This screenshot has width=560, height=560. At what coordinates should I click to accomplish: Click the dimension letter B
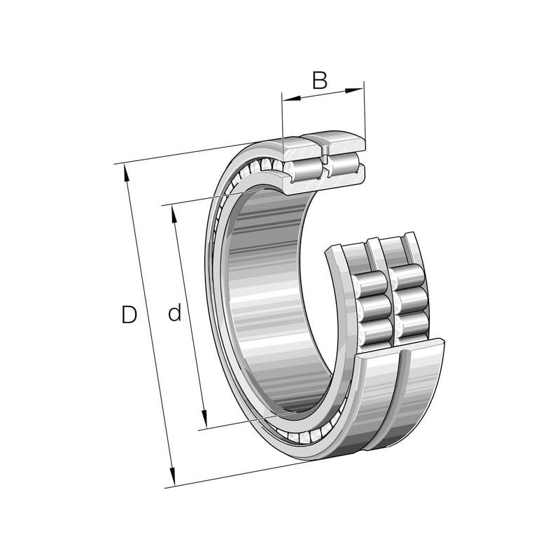320,80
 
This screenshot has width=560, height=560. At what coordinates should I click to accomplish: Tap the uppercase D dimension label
129,314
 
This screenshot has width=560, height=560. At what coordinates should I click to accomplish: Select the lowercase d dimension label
174,311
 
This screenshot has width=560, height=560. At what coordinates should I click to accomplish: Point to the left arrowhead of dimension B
291,98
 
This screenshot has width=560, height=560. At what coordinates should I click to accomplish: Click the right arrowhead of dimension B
355,90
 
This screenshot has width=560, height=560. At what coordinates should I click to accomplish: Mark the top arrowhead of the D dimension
127,174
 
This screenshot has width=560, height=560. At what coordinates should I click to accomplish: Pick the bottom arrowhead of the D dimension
172,477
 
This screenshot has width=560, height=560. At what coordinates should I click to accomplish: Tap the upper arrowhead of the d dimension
174,215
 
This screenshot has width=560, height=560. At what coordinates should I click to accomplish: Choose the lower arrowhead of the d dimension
204,419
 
